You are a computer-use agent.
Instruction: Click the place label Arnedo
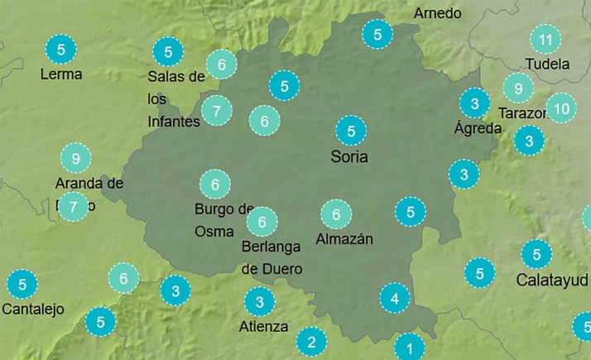(x=437, y=13)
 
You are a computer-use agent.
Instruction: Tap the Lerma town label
(x=61, y=74)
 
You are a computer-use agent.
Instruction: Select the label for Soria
(x=348, y=156)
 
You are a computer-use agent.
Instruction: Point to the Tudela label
(x=547, y=64)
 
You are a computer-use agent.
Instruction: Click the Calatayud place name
(x=551, y=279)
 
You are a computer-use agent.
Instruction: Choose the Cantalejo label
(x=33, y=310)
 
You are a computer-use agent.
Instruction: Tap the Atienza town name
(x=263, y=326)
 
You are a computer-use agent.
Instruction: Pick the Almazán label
(x=344, y=239)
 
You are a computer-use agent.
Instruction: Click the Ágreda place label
(x=478, y=128)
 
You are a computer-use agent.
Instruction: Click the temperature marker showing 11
(x=545, y=39)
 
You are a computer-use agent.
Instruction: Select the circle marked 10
(x=561, y=108)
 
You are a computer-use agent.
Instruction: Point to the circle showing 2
(x=311, y=340)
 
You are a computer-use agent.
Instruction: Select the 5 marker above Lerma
(x=61, y=49)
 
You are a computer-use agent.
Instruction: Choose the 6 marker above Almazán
(x=336, y=214)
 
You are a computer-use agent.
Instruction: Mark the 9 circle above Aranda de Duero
(x=75, y=157)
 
